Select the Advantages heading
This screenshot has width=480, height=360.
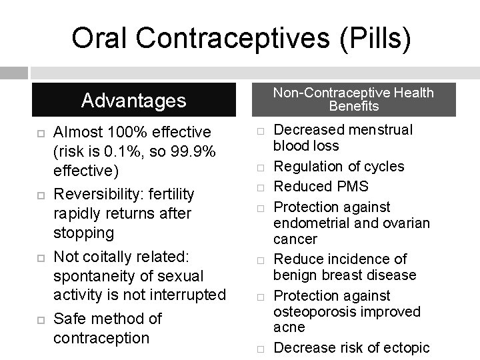133,101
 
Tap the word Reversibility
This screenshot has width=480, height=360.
101,194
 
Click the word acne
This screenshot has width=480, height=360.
289,327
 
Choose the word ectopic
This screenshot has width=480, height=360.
406,347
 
